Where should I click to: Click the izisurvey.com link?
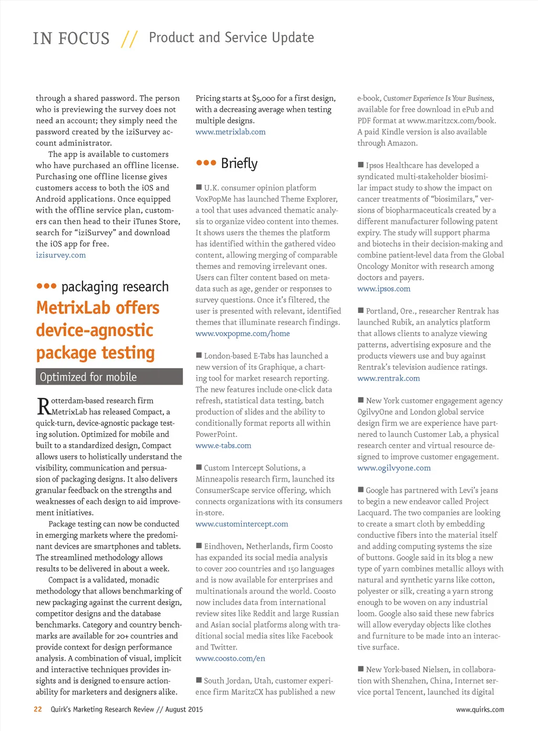(x=60, y=255)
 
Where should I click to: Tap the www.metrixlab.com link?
(x=230, y=132)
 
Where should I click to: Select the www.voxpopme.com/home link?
(x=242, y=333)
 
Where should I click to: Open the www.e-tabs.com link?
(x=223, y=446)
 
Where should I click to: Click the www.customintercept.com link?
(x=242, y=524)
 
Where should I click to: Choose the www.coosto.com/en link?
(x=230, y=659)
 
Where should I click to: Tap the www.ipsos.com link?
(x=384, y=289)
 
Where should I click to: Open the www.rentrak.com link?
(x=388, y=379)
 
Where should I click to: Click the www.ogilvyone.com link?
(x=394, y=468)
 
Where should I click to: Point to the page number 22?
(x=38, y=709)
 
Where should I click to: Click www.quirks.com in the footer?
(x=480, y=709)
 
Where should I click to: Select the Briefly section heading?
(x=239, y=163)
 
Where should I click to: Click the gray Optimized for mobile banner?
(x=109, y=377)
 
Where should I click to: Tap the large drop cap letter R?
(x=43, y=406)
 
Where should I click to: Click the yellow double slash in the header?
(x=129, y=38)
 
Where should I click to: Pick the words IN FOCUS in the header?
(x=71, y=38)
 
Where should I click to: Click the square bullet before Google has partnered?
(x=360, y=490)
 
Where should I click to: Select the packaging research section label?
(x=115, y=287)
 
